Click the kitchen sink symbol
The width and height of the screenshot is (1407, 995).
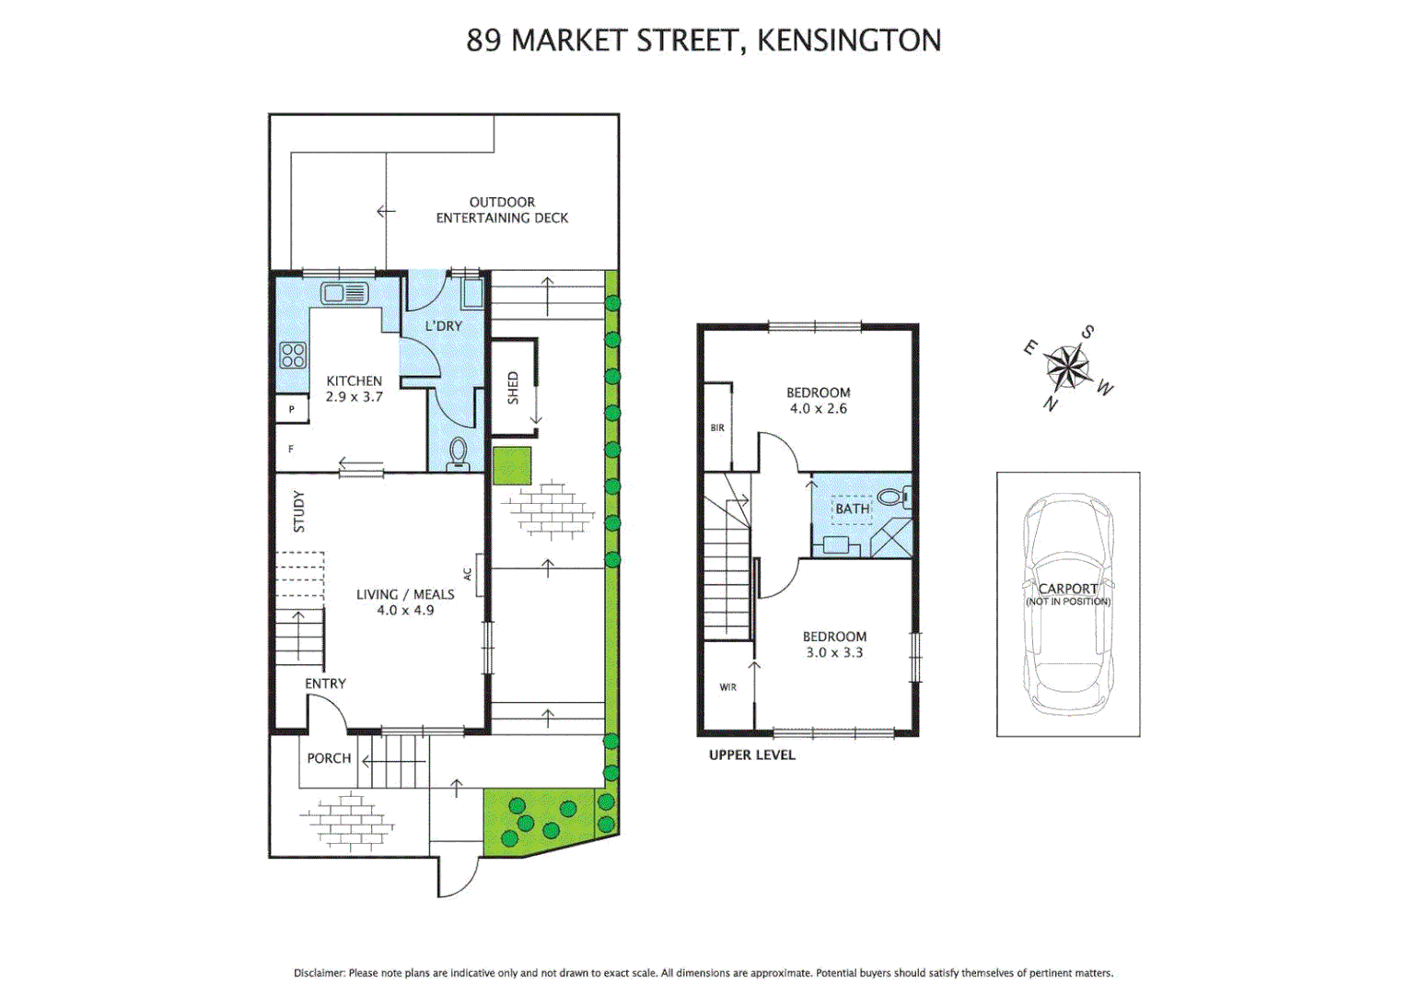click(x=344, y=294)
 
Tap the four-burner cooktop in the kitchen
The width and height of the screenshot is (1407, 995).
click(x=293, y=355)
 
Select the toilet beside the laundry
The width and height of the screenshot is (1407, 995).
click(x=458, y=453)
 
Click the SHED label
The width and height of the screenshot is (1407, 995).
click(x=513, y=388)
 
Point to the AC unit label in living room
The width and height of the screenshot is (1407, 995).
click(x=468, y=573)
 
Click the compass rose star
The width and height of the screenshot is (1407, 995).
click(x=1068, y=368)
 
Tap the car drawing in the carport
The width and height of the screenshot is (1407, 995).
click(x=1068, y=604)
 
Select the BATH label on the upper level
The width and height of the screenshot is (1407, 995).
click(x=852, y=509)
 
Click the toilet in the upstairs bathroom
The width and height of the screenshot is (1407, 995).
click(x=892, y=497)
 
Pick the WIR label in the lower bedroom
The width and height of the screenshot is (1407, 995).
click(x=727, y=687)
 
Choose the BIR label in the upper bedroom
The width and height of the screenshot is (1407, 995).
click(x=717, y=427)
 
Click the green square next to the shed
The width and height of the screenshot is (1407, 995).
click(x=512, y=466)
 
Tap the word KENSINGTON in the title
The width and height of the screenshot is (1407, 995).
click(x=848, y=41)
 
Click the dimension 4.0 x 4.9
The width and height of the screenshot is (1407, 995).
click(x=405, y=610)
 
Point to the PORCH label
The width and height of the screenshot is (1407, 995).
click(x=329, y=758)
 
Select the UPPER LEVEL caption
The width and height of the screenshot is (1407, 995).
click(x=751, y=755)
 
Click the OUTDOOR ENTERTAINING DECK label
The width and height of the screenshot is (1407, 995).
click(x=502, y=210)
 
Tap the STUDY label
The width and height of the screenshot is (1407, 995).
click(x=298, y=511)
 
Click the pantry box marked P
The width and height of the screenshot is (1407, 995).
click(x=292, y=409)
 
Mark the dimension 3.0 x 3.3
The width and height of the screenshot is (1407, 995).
click(x=834, y=652)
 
